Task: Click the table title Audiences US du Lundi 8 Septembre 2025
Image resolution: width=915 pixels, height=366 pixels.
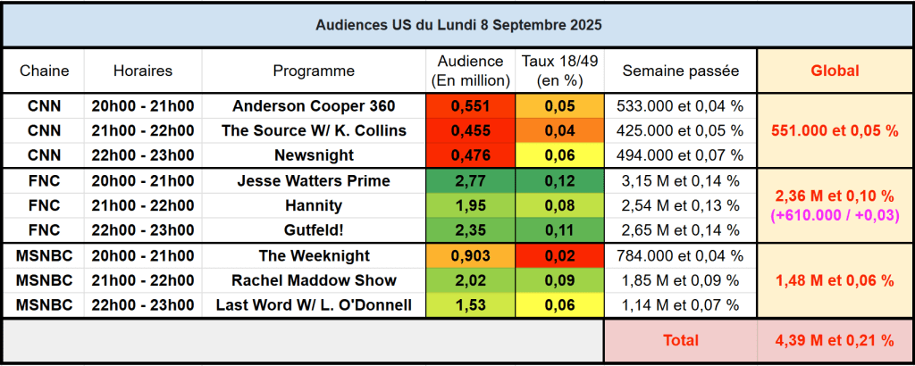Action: [457, 25]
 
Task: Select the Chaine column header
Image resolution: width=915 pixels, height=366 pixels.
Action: [44, 71]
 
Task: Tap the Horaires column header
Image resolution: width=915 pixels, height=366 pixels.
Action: [143, 71]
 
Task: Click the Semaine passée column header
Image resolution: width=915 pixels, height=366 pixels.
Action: [680, 71]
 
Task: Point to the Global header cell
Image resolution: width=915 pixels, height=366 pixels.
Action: [834, 71]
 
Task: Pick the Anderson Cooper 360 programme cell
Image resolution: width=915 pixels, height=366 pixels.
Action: [314, 106]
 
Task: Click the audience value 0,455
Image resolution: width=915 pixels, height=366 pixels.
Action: [470, 131]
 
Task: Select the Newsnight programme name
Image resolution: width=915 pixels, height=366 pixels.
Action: [314, 155]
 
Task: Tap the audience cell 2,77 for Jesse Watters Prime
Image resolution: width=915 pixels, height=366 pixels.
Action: [470, 181]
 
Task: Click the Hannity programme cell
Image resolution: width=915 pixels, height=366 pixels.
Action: [314, 205]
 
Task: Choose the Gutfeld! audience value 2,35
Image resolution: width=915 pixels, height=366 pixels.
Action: [470, 230]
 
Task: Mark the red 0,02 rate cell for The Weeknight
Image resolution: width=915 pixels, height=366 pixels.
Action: [561, 255]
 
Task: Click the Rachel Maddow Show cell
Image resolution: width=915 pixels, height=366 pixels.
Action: [314, 280]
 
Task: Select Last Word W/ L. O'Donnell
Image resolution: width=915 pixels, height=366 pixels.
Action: [314, 305]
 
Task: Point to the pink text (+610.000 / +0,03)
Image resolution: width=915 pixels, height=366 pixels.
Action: [834, 215]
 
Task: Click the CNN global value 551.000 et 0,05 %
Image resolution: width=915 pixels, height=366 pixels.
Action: [834, 131]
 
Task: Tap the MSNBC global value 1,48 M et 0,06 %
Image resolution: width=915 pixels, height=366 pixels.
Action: [834, 280]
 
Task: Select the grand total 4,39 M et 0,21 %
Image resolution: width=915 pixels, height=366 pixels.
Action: [834, 340]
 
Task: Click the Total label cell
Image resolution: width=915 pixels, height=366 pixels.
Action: [680, 340]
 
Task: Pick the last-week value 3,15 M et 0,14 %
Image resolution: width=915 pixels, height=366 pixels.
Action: [680, 181]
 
